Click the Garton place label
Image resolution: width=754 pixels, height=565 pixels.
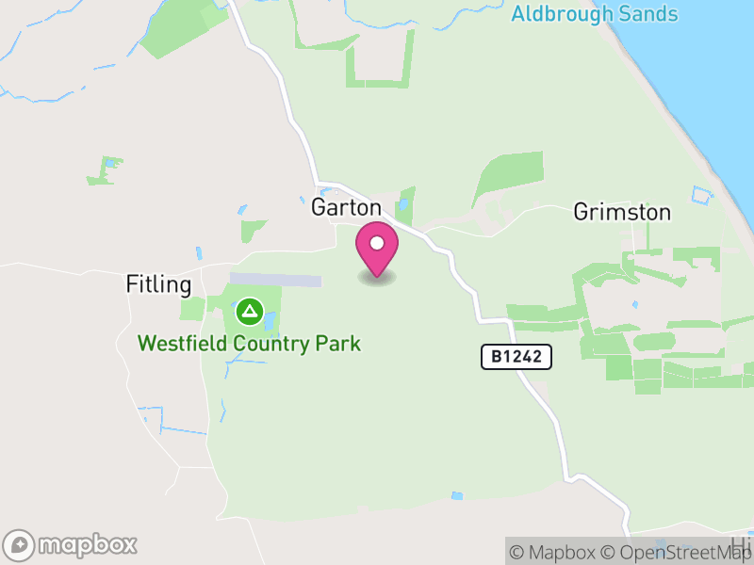(347, 208)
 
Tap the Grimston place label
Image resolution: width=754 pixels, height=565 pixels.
(622, 213)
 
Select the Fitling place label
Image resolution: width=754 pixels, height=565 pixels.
(159, 284)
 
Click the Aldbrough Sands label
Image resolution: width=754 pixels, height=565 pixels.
(594, 14)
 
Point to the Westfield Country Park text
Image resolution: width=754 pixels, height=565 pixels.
(249, 343)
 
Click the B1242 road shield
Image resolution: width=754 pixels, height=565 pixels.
(516, 357)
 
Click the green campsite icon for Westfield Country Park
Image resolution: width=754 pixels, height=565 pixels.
(249, 310)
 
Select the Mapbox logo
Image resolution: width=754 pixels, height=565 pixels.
(72, 544)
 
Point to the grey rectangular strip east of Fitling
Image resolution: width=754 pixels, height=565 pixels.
(276, 281)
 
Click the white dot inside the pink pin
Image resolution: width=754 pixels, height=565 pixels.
(377, 244)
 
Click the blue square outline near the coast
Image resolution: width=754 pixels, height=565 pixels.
(700, 195)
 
